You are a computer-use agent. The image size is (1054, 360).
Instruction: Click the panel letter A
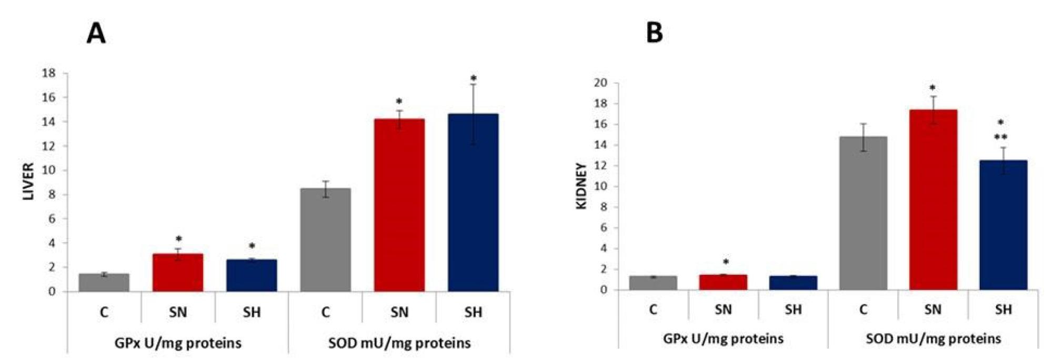coord(96,34)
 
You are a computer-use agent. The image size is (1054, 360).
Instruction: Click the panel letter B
coord(654,33)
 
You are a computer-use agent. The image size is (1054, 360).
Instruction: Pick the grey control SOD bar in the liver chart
coord(325,240)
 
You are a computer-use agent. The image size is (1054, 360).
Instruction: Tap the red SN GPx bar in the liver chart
coord(178,273)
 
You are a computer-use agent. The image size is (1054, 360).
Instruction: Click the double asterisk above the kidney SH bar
coord(1000,138)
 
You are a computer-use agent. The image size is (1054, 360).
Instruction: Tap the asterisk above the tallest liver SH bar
coord(474,79)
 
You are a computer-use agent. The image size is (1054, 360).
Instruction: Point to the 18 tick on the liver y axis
coord(49,73)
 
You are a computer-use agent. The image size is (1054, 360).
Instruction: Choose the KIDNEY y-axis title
coord(581,186)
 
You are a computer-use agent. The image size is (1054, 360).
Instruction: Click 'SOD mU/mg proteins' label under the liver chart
coord(399,344)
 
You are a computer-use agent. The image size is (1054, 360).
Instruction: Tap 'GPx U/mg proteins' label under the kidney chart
coord(723,338)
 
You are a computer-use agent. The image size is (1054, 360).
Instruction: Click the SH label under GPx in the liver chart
coord(252,313)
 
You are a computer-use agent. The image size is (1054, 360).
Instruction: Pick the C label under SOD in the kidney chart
coord(863,309)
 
